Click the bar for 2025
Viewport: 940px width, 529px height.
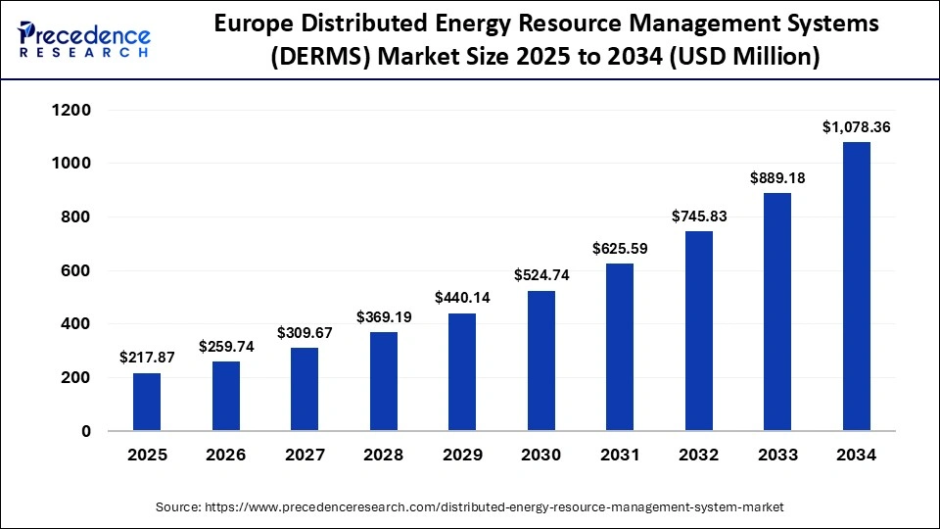coord(147,402)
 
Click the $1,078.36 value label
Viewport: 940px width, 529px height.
coord(856,126)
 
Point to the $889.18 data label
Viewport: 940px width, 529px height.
coord(777,177)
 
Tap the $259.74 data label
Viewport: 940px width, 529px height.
coord(226,346)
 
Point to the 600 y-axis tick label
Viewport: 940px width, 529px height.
coord(76,270)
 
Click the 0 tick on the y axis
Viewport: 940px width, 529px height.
coord(86,431)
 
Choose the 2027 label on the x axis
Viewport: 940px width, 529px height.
coord(305,456)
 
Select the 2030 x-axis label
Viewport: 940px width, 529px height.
coord(540,456)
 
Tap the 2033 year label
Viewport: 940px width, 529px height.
coord(777,456)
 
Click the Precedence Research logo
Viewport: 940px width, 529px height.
coord(84,37)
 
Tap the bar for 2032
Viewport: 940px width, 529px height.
coord(698,331)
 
